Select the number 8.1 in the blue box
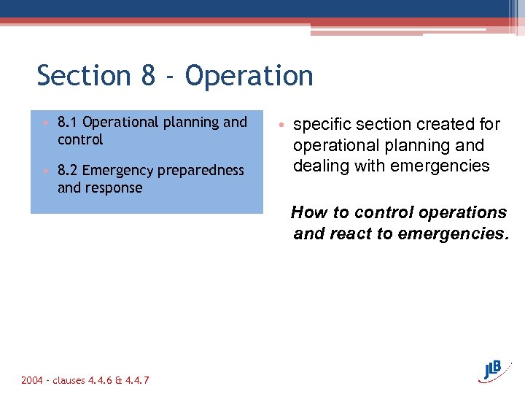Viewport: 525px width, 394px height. pyautogui.click(x=68, y=122)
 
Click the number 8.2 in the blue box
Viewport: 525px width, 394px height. pyautogui.click(x=68, y=170)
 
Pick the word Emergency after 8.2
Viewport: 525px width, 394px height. pyautogui.click(x=115, y=170)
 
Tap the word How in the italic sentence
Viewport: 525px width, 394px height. pyautogui.click(x=307, y=213)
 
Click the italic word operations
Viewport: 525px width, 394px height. pyautogui.click(x=464, y=213)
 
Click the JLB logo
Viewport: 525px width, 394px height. pyautogui.click(x=498, y=370)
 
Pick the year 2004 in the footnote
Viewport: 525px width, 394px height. pyautogui.click(x=32, y=380)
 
